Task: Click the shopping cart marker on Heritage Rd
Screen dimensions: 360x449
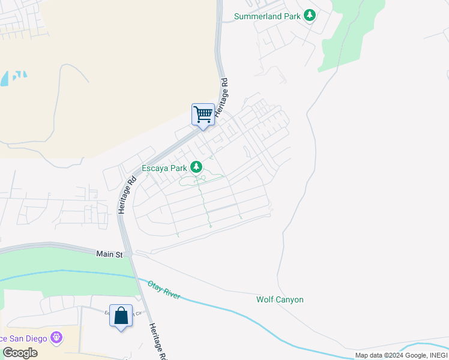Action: (x=203, y=114)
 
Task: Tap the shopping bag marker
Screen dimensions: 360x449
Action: (x=121, y=316)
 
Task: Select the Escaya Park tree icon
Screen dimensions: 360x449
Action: (x=196, y=167)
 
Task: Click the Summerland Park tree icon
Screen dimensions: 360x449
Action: (x=309, y=15)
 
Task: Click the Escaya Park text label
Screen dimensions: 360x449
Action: (x=164, y=169)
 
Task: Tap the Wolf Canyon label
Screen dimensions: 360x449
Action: (x=280, y=299)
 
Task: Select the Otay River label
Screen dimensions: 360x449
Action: (x=164, y=290)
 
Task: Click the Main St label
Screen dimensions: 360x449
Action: (x=109, y=254)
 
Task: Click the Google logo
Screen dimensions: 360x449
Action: (x=19, y=353)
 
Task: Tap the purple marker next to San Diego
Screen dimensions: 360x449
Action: (x=57, y=338)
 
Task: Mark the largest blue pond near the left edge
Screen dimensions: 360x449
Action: (x=5, y=79)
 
